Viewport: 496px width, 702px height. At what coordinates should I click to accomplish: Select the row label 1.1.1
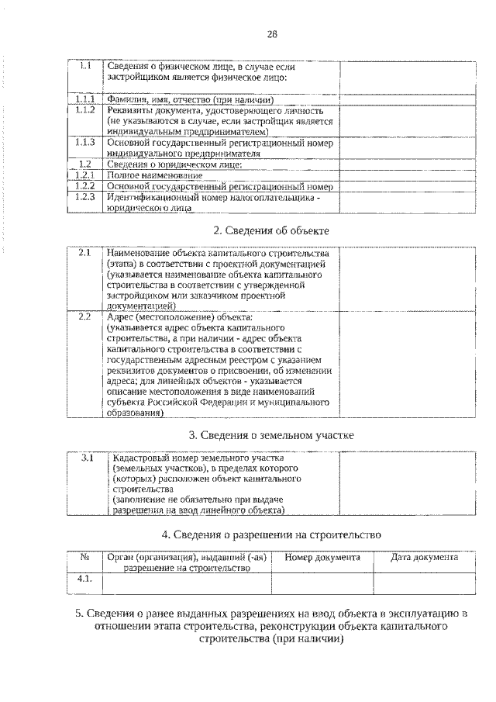(x=86, y=100)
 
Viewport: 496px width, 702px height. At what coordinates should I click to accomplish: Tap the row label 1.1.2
(x=86, y=110)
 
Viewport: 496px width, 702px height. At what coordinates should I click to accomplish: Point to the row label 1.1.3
(x=86, y=143)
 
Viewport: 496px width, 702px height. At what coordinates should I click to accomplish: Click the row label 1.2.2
(x=86, y=187)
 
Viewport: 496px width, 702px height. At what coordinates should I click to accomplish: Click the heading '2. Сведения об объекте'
(x=271, y=230)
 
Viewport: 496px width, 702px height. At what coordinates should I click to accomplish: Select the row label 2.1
(x=85, y=254)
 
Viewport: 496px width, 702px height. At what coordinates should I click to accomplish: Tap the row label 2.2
(x=85, y=317)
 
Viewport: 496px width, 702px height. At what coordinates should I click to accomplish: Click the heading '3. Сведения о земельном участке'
(x=271, y=435)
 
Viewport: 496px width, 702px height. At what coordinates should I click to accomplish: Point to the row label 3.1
(x=88, y=458)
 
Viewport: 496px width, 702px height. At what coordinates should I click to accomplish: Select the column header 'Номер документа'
(x=322, y=557)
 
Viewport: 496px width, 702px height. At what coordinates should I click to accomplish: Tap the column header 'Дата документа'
(x=424, y=557)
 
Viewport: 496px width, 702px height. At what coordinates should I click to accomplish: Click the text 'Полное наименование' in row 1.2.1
(x=150, y=176)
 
